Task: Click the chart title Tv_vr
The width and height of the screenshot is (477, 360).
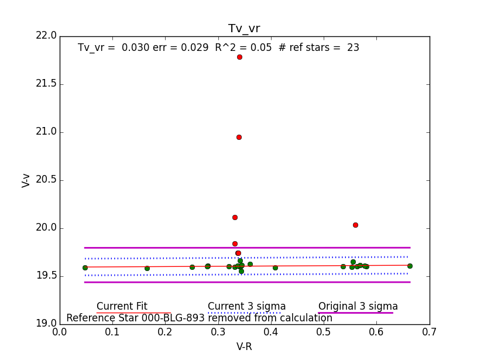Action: pyautogui.click(x=244, y=29)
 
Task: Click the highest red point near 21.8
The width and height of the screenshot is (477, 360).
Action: pyautogui.click(x=239, y=57)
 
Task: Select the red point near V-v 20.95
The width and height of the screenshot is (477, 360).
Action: pyautogui.click(x=239, y=137)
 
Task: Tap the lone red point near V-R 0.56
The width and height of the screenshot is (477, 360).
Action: pyautogui.click(x=355, y=225)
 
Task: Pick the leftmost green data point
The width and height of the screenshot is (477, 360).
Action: pyautogui.click(x=85, y=268)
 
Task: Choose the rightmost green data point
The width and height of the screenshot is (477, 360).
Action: pyautogui.click(x=410, y=266)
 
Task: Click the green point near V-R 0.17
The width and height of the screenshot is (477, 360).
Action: pyautogui.click(x=147, y=268)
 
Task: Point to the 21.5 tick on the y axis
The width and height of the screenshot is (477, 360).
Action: pyautogui.click(x=46, y=84)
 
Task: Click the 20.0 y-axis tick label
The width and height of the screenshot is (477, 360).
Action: pyautogui.click(x=46, y=228)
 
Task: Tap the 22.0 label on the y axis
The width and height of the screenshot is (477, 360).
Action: pyautogui.click(x=46, y=36)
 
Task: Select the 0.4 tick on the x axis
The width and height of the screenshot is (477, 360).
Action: pyautogui.click(x=271, y=332)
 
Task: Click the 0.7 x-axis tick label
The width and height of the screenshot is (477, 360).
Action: pyautogui.click(x=429, y=332)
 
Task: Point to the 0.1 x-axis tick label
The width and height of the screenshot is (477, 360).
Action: pyautogui.click(x=112, y=332)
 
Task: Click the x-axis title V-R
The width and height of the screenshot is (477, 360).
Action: pyautogui.click(x=244, y=347)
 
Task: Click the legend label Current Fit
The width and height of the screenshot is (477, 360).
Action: pyautogui.click(x=122, y=306)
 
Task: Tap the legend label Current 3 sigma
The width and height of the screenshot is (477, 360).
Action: pyautogui.click(x=246, y=306)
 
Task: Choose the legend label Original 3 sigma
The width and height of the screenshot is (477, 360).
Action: pyautogui.click(x=358, y=306)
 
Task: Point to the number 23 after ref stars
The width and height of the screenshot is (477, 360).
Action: pyautogui.click(x=353, y=47)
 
